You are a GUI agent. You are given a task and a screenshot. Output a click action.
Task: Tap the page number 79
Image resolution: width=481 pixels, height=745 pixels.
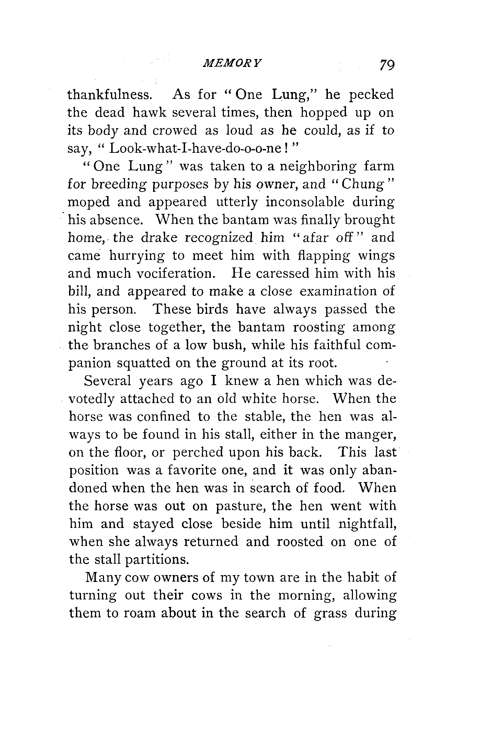(x=387, y=65)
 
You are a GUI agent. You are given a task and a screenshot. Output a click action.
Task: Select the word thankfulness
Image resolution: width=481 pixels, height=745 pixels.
(x=110, y=94)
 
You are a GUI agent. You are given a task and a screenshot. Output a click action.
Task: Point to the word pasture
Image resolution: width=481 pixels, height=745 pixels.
(x=240, y=506)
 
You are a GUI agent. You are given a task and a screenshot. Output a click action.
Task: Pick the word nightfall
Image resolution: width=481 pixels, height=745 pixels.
(x=367, y=524)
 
